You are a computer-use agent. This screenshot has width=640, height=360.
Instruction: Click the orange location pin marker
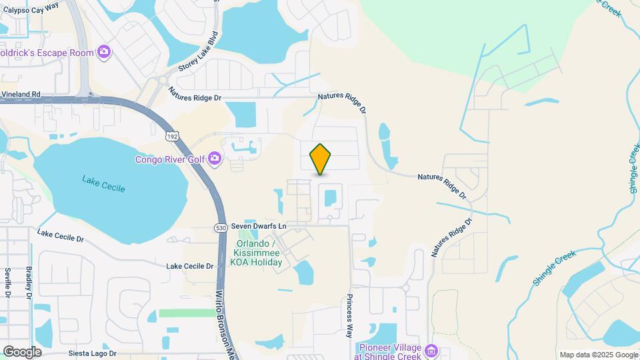pos(321,159)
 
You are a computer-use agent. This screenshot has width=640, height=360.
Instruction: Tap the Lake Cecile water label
pos(103,183)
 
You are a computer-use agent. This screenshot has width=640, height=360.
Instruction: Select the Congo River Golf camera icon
pos(214,158)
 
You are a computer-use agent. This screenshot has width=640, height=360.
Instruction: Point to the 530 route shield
pos(221,227)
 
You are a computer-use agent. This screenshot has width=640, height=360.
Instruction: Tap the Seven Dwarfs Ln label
pos(259,227)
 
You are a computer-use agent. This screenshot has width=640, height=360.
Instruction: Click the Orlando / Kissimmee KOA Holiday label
pos(257,253)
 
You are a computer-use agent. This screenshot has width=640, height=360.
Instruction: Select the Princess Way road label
pos(348,317)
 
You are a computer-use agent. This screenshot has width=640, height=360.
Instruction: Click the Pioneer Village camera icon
pos(431,351)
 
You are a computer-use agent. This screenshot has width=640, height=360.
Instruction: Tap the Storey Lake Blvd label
pos(198,51)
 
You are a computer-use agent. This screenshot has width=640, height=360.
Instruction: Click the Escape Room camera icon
pos(103,51)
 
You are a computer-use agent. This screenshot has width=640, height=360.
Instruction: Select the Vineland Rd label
pos(21,95)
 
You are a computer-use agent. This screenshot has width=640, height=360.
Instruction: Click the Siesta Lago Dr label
pos(92,353)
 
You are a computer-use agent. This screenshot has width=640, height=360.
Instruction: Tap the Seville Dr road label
pos(8,282)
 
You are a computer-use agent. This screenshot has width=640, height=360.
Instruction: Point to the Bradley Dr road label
pos(29,282)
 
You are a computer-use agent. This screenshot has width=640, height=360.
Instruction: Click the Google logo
pos(22,351)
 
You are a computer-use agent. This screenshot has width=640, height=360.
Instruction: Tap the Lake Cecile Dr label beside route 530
pos(189,266)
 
